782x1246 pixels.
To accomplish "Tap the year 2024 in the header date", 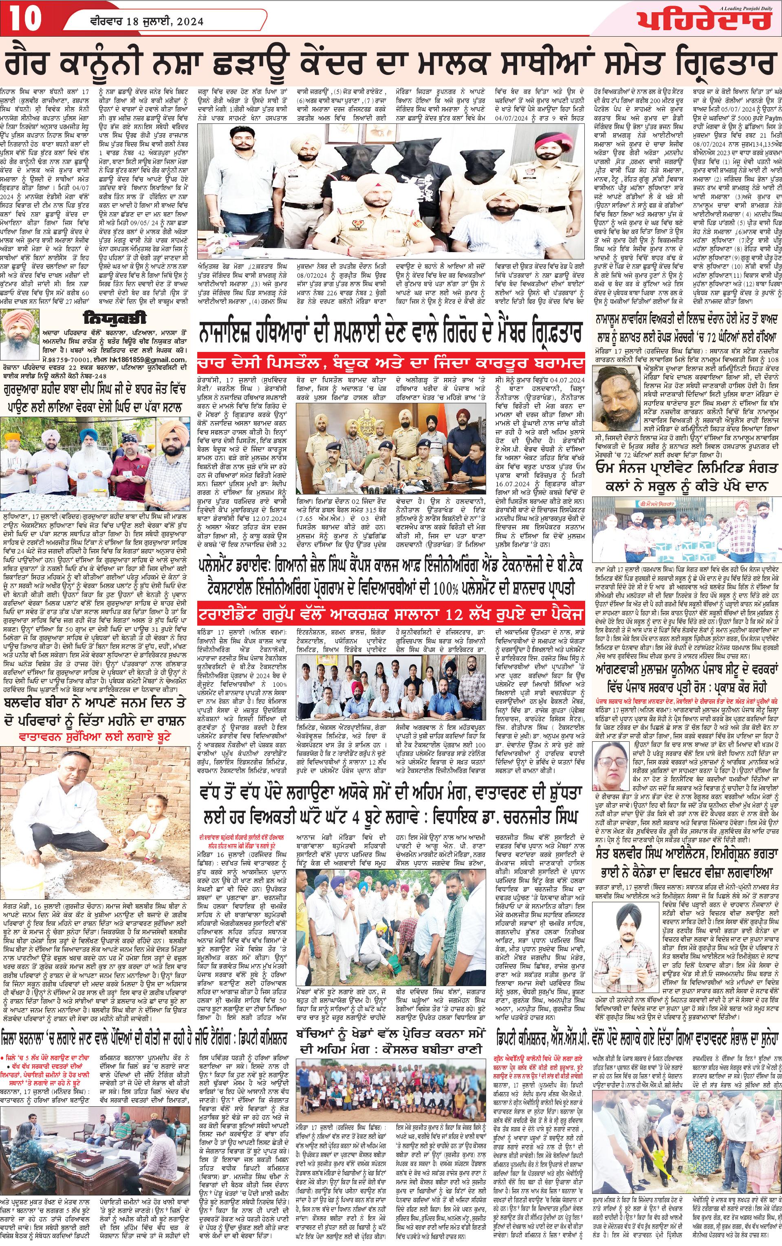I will tap(189, 22).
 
